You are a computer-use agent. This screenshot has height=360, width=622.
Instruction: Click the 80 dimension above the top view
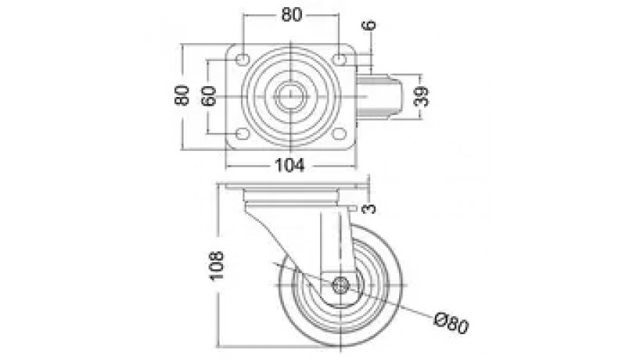(x=292, y=15)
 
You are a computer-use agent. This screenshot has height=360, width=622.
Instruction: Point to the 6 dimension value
(x=369, y=25)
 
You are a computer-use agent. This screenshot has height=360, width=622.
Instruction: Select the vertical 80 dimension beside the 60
(x=182, y=95)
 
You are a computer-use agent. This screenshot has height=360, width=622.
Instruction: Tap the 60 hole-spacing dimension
(x=209, y=95)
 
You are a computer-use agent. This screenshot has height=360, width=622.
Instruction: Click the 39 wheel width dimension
(x=421, y=96)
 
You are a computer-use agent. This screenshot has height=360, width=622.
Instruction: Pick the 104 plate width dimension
(x=290, y=164)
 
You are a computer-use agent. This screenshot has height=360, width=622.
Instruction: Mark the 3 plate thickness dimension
(x=369, y=208)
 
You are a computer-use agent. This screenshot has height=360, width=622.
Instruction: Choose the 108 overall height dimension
(x=217, y=266)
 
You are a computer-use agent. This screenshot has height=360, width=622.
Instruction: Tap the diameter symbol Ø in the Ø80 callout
(x=440, y=319)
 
